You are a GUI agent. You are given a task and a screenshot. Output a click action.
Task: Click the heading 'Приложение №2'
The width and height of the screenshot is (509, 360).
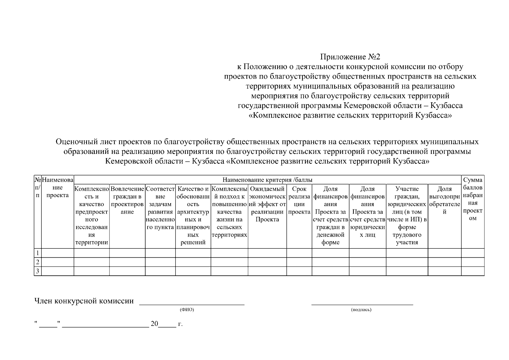pos(350,57)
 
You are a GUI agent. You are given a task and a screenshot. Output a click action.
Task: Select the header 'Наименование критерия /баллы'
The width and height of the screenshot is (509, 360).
pos(267,180)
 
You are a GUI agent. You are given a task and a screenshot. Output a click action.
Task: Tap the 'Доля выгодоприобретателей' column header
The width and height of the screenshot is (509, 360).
pos(445,200)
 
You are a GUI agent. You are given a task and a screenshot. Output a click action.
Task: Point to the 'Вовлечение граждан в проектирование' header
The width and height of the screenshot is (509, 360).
pos(127,200)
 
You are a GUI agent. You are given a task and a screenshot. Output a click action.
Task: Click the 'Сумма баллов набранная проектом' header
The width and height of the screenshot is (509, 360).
pos(473,199)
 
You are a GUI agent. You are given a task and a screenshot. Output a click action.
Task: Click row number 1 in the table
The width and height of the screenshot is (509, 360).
pos(37,253)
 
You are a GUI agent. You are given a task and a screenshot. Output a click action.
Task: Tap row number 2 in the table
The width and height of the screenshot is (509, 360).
pos(37,262)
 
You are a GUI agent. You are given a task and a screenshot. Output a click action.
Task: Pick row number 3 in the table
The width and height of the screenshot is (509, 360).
pos(37,271)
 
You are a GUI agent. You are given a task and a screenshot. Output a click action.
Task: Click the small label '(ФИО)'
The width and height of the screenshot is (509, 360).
pos(187,310)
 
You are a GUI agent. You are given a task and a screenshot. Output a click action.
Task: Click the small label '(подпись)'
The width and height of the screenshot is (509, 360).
pos(361,310)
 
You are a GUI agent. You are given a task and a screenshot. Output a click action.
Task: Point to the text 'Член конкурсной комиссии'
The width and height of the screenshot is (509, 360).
pos(84,301)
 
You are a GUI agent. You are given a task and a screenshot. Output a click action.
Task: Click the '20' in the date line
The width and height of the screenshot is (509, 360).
pos(154,324)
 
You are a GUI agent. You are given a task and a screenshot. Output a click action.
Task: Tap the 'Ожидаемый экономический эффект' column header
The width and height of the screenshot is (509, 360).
pos(267,204)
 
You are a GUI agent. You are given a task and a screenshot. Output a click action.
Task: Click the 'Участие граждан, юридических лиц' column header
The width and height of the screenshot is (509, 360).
pos(407,216)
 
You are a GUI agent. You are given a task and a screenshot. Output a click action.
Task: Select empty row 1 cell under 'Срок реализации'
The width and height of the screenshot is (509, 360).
pos(299,253)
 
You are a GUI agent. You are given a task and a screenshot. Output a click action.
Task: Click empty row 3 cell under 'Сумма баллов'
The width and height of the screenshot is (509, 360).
pos(473,271)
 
